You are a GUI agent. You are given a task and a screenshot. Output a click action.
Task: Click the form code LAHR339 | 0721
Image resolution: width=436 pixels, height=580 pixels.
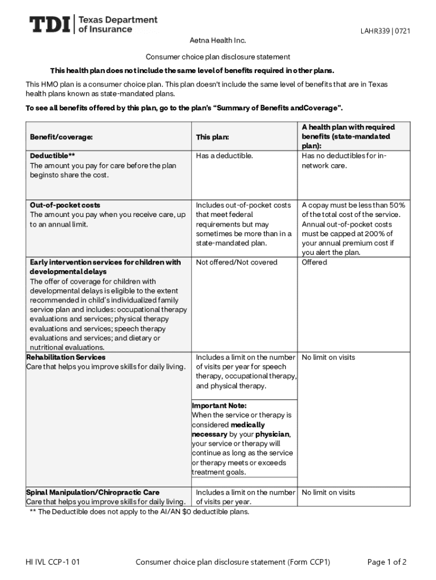pyautogui.click(x=385, y=31)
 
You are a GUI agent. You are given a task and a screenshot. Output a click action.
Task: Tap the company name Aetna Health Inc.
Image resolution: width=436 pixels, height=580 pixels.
pyautogui.click(x=217, y=41)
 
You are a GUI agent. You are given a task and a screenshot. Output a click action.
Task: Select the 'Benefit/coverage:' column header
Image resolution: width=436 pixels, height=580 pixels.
pyautogui.click(x=61, y=137)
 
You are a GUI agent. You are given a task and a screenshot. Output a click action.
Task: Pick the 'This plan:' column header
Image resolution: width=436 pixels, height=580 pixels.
pyautogui.click(x=213, y=137)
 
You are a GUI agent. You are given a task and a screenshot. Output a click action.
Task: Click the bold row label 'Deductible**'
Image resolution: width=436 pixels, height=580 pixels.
pyautogui.click(x=53, y=156)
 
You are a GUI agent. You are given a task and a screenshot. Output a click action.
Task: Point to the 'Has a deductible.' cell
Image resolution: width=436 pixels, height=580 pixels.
pyautogui.click(x=224, y=156)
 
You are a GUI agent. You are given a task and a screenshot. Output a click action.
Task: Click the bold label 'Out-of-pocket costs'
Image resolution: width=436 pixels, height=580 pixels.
pyautogui.click(x=65, y=205)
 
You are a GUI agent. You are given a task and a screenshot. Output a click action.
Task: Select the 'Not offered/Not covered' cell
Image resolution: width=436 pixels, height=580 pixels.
pyautogui.click(x=237, y=262)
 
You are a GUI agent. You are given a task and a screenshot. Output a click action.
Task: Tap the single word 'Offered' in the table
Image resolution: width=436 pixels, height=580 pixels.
pyautogui.click(x=314, y=262)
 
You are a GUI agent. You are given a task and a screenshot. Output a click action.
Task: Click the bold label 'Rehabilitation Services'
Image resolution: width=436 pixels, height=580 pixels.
pyautogui.click(x=66, y=357)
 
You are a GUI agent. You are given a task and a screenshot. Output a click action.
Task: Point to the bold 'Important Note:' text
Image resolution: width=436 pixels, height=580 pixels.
pyautogui.click(x=219, y=406)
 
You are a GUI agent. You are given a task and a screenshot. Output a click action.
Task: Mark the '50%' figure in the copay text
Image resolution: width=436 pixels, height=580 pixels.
pyautogui.click(x=396, y=205)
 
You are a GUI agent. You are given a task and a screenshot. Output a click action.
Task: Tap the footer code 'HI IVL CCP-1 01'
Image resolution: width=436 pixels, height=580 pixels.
pyautogui.click(x=53, y=562)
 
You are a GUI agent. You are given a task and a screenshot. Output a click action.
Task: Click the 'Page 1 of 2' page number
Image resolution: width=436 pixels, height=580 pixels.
pyautogui.click(x=387, y=562)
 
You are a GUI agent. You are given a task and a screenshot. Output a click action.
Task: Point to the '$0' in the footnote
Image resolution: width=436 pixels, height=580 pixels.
pyautogui.click(x=187, y=512)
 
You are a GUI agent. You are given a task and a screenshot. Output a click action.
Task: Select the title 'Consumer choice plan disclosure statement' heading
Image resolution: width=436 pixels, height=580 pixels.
pyautogui.click(x=218, y=57)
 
